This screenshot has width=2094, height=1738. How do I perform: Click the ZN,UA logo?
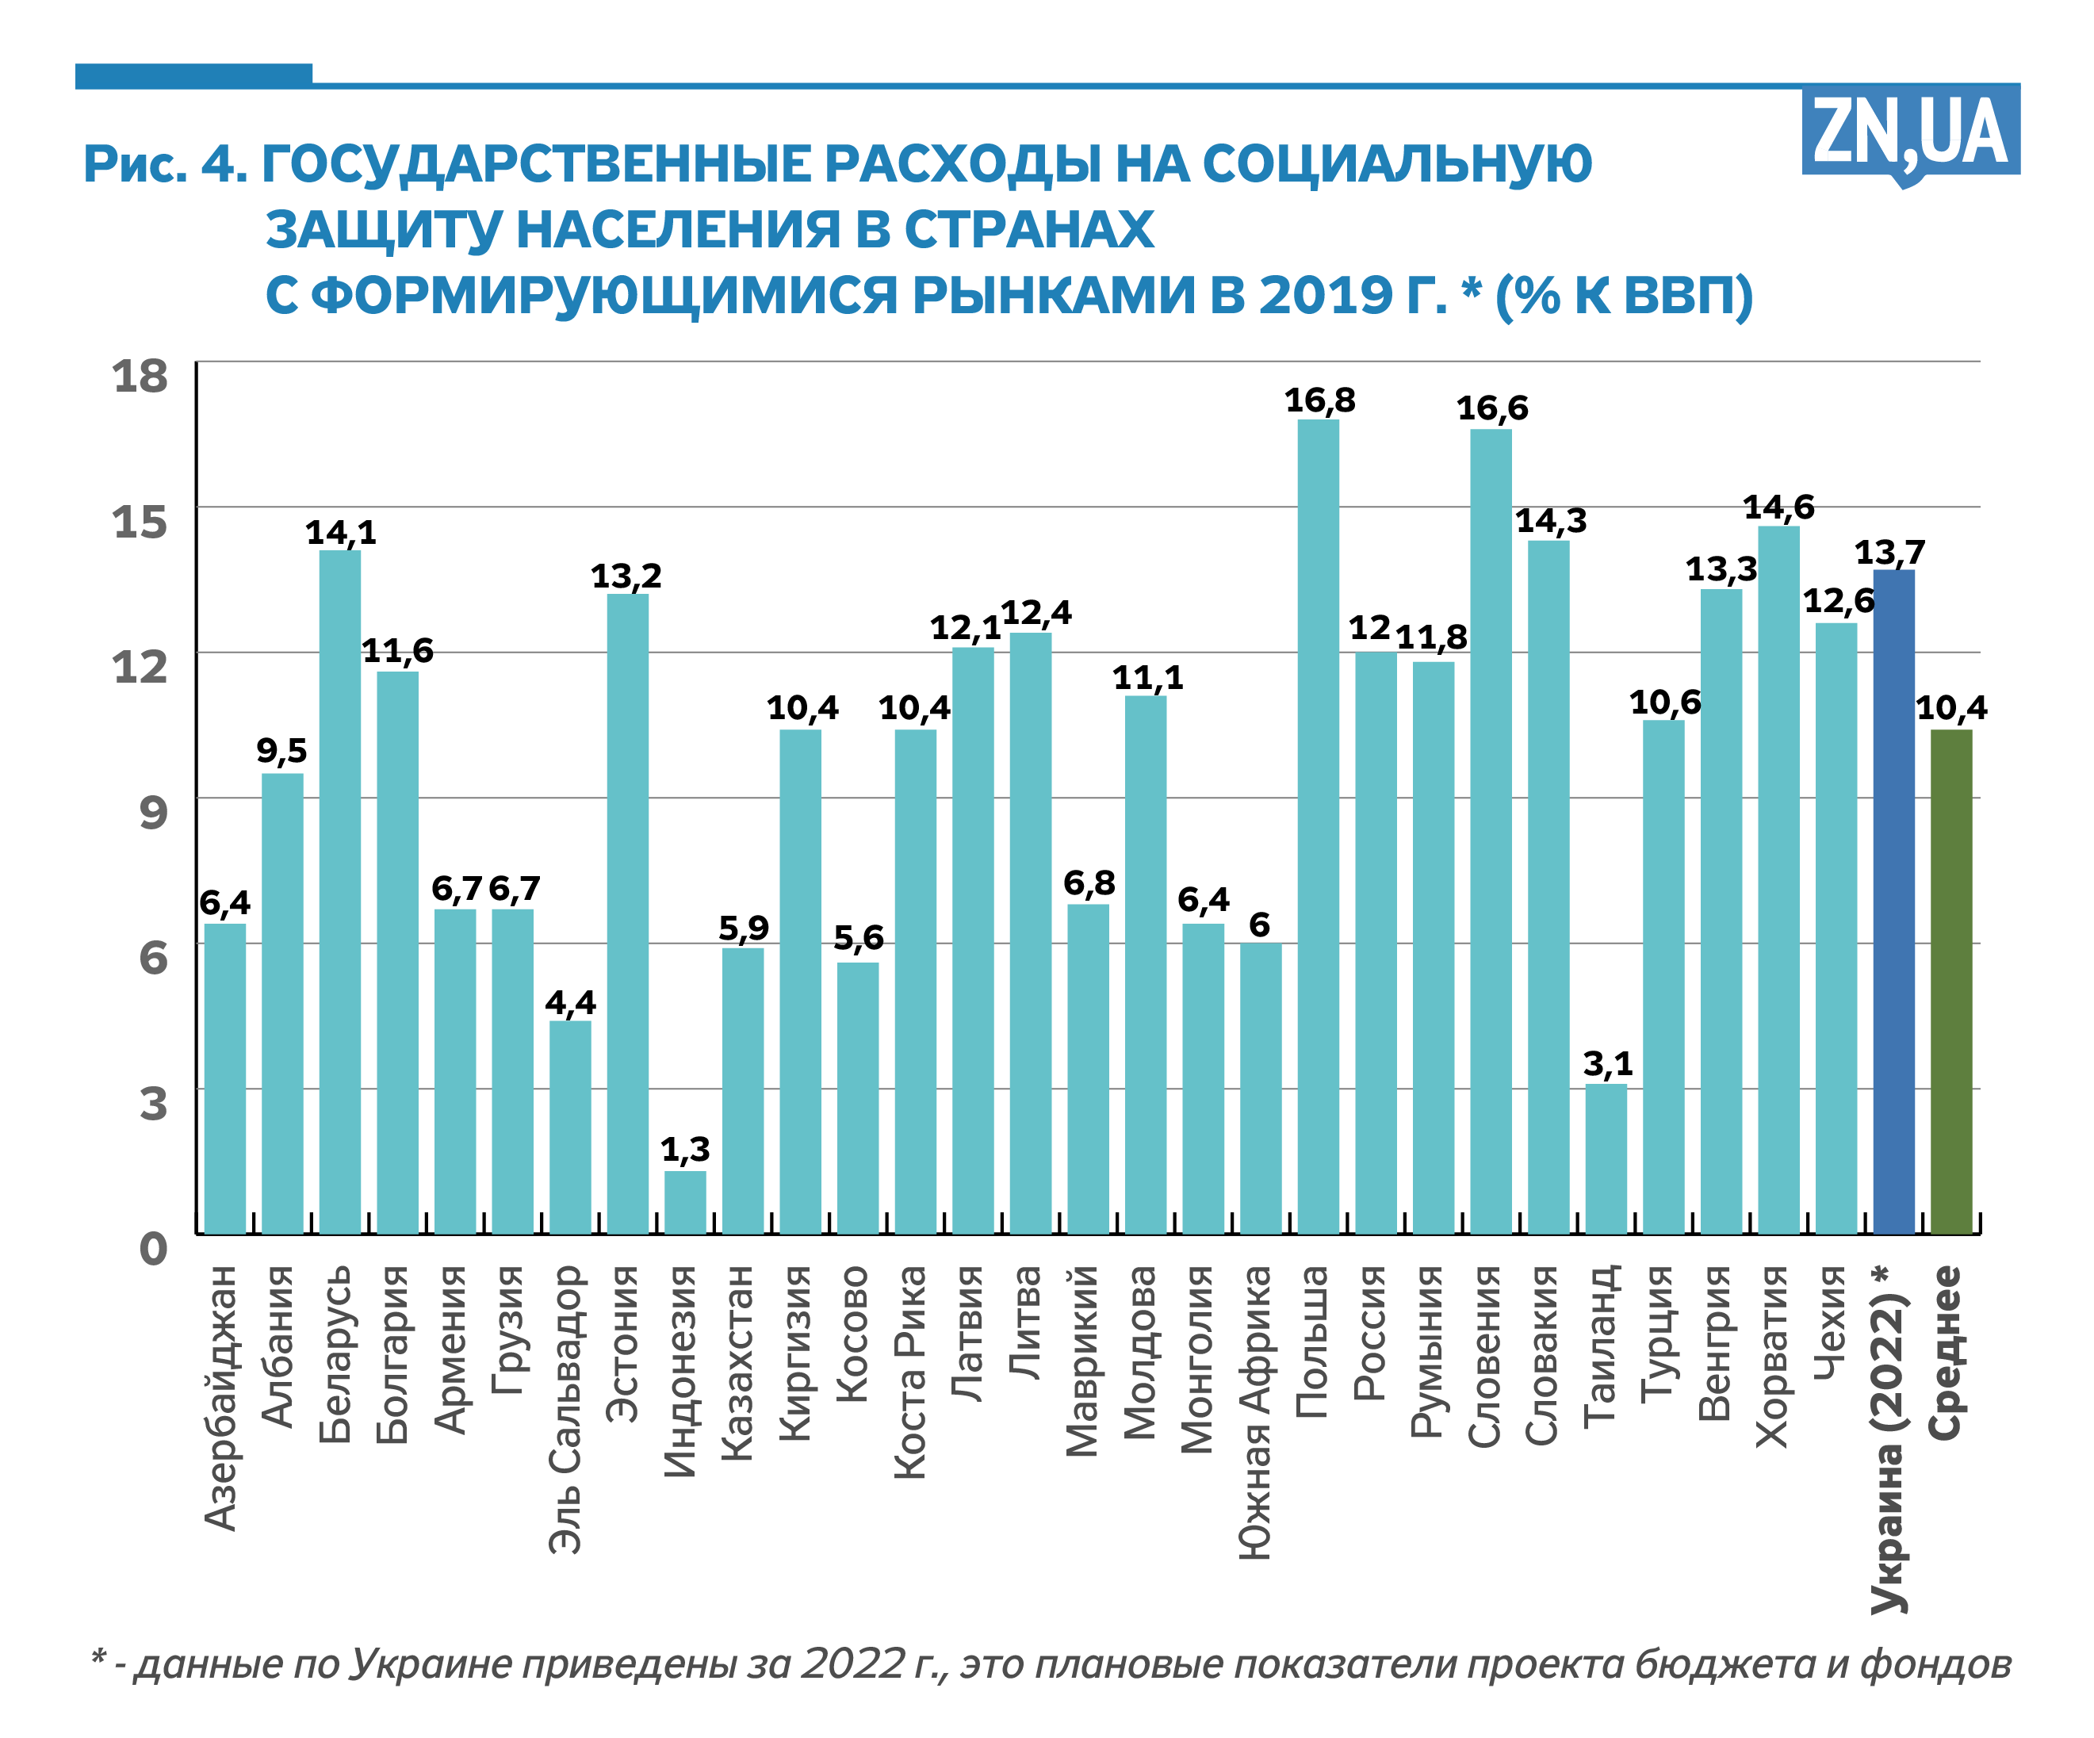1909,132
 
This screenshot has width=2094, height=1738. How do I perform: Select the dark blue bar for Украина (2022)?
1893,902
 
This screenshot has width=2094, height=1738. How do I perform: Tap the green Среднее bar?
1951,982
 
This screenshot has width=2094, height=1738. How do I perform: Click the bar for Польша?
1319,828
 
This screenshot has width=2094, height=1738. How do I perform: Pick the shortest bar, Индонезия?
686,1203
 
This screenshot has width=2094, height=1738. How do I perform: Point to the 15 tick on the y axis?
140,523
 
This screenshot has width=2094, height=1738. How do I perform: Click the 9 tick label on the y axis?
152,813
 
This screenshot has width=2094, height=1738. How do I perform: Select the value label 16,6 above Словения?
1491,408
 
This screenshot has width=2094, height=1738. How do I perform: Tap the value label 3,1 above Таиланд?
1607,1064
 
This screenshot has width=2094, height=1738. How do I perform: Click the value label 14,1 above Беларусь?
341,533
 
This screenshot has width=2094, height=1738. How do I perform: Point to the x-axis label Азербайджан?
221,1397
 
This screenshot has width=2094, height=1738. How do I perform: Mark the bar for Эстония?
628,914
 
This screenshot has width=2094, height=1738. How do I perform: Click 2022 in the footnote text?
852,1664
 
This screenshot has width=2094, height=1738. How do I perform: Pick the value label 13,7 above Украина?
1889,553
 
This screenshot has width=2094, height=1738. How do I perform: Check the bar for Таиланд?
1606,1160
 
